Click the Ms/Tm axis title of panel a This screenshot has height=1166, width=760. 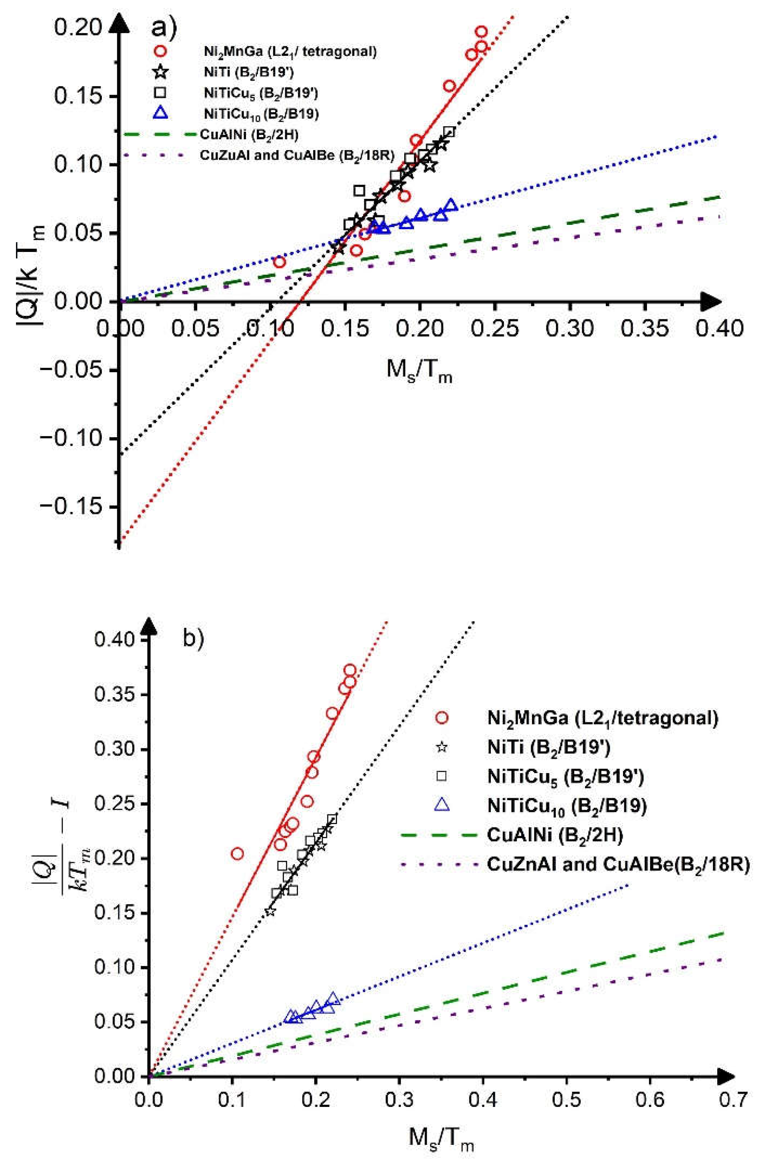click(x=419, y=371)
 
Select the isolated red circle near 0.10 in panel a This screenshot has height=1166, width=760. click(x=279, y=262)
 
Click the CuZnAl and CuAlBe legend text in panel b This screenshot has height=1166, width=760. click(x=617, y=865)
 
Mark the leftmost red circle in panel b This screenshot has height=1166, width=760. click(x=237, y=853)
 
